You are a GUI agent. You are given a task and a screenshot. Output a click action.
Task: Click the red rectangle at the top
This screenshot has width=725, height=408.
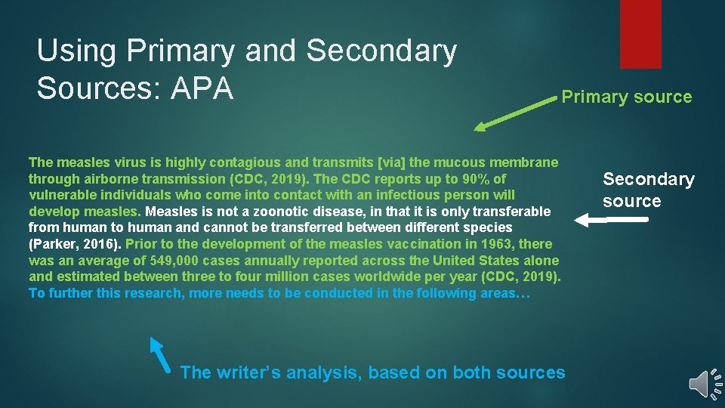coord(640,34)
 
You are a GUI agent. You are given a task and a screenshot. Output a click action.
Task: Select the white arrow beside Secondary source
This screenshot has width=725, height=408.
coord(611,219)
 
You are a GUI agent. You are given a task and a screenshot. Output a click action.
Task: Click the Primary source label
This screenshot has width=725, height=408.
coord(626,97)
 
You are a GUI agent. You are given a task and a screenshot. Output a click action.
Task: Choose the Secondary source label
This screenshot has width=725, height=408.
coord(648,190)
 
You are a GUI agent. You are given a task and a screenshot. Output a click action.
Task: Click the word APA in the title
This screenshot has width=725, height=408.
coord(202,88)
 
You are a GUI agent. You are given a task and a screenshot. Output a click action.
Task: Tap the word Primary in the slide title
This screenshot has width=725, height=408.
coord(181,51)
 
